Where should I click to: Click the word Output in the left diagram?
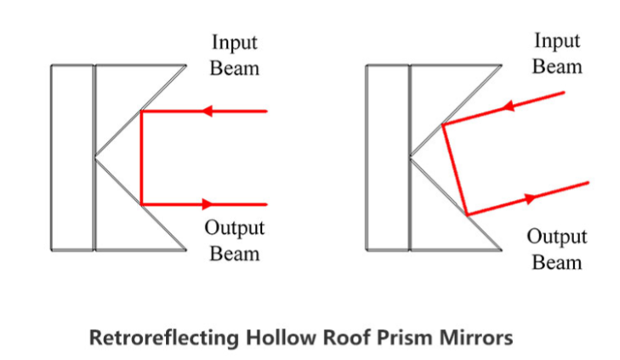(234, 229)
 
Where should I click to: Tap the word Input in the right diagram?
(557, 41)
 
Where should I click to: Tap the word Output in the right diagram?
(557, 237)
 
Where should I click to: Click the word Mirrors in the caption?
(473, 338)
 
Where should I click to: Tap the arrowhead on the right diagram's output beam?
(532, 198)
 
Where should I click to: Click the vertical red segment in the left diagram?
(141, 157)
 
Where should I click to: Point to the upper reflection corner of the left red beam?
(141, 111)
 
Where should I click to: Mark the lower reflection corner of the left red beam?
(141, 204)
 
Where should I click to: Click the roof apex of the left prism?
(95, 157)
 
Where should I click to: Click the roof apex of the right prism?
(411, 157)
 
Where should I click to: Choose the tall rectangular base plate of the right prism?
(389, 157)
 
